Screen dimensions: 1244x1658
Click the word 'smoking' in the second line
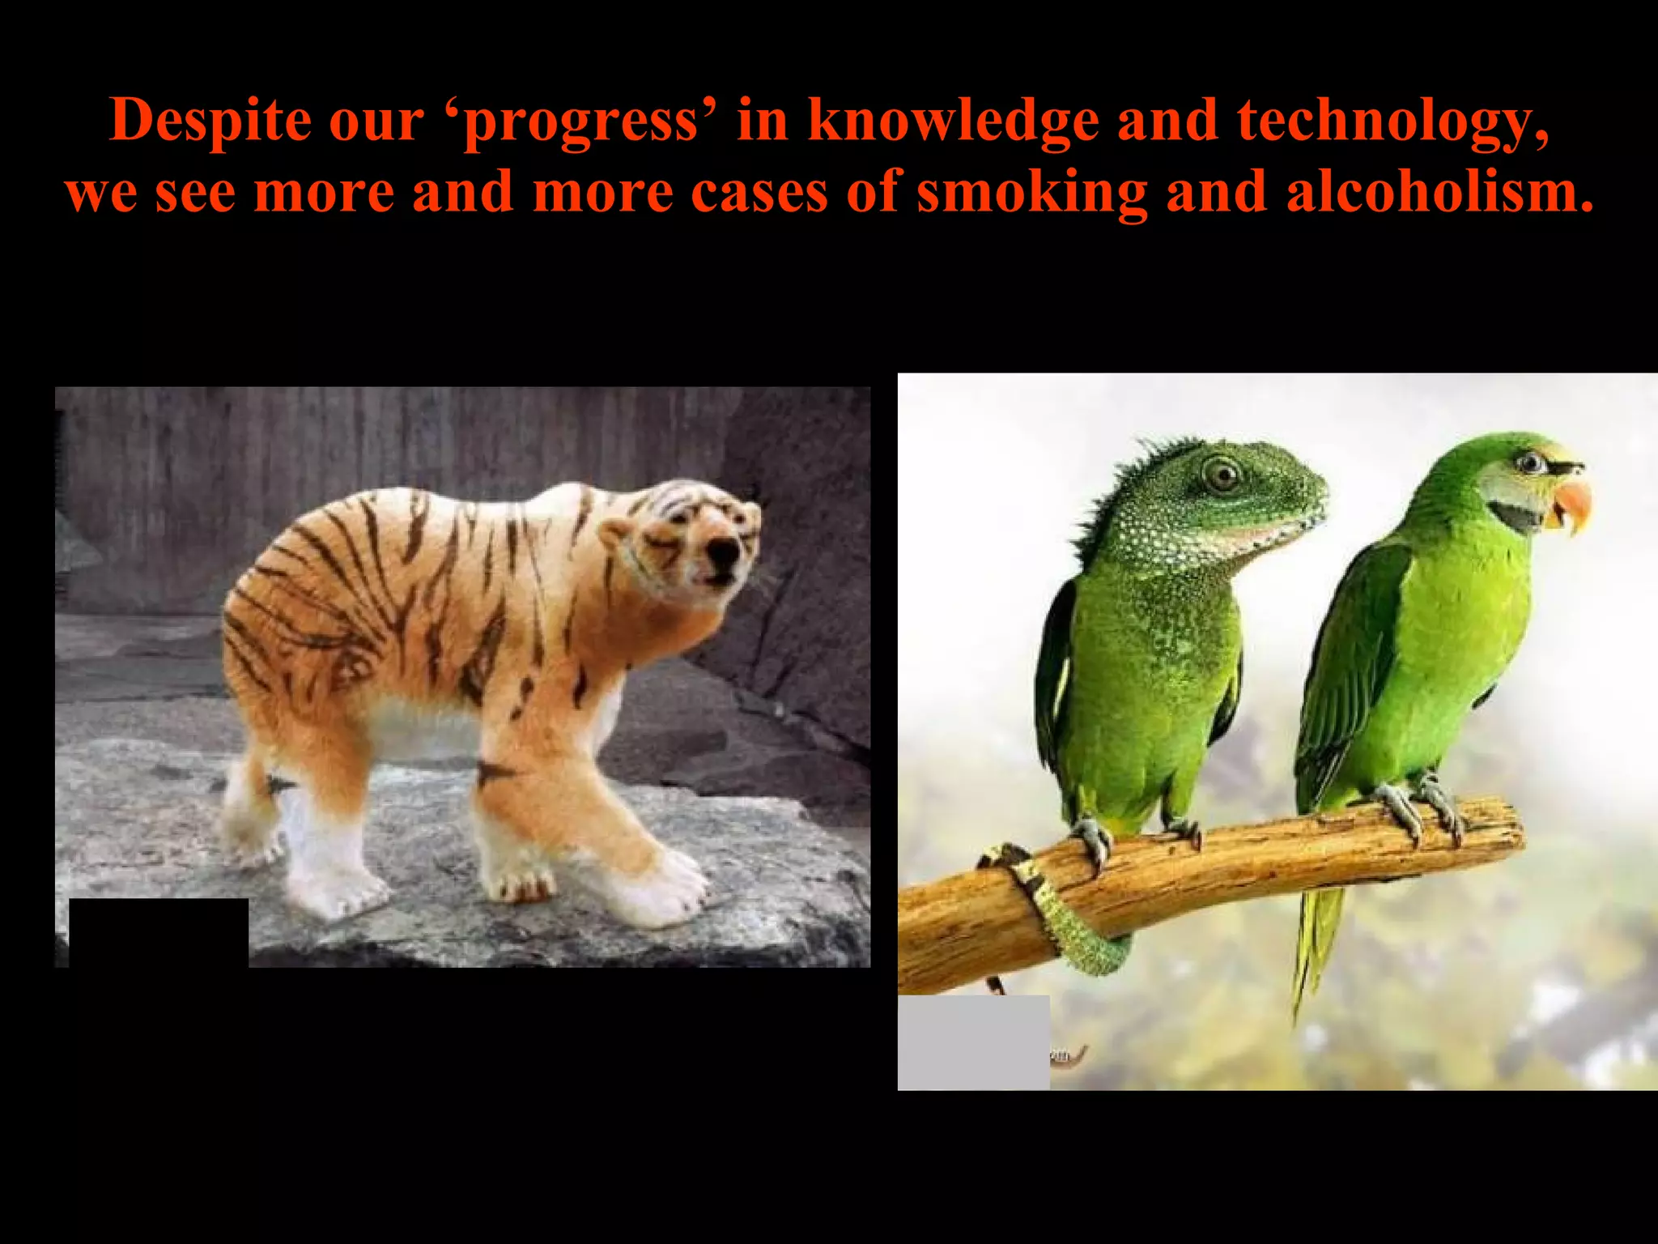pos(1032,194)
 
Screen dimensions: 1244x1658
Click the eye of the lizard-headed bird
pos(1222,473)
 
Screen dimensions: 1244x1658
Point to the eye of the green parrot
pos(1530,463)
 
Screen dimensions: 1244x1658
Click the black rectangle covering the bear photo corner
pos(159,932)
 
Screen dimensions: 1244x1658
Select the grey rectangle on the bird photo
pos(973,1042)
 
